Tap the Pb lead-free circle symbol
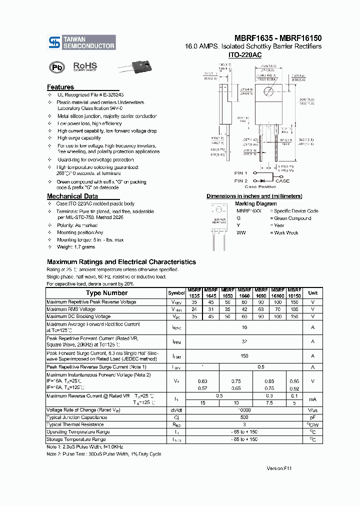pos(55,67)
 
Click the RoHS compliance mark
pos(85,66)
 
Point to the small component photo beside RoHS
pos(135,67)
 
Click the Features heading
pos(60,87)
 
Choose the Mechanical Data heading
pos(72,196)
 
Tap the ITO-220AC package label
pos(244,54)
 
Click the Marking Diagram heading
pos(255,203)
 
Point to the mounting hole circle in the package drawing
pos(268,90)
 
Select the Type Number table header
pos(106,293)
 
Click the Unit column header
pos(312,293)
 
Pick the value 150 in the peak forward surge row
pos(244,356)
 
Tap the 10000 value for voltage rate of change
pos(244,409)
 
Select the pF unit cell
pos(312,417)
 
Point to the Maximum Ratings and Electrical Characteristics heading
pos(121,262)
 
